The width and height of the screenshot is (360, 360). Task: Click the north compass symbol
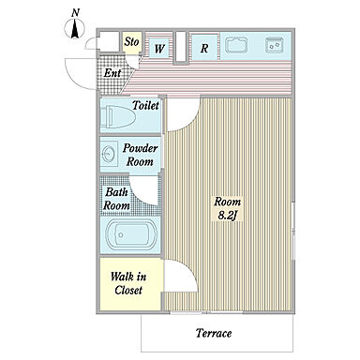point(75,29)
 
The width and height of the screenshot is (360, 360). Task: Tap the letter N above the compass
point(75,13)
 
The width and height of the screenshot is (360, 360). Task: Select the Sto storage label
point(131,41)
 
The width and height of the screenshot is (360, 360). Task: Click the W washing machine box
point(158,48)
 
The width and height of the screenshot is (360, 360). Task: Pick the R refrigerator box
point(204,48)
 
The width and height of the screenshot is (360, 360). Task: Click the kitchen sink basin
point(236,45)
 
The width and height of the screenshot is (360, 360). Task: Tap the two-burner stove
point(275,45)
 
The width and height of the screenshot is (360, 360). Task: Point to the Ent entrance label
point(112,73)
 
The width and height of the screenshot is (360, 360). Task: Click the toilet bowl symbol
point(118,117)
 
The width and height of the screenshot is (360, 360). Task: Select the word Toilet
point(145,105)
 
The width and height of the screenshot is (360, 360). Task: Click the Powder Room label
point(140,155)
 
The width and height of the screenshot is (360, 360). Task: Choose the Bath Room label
point(116,199)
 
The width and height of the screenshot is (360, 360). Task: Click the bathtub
point(131,234)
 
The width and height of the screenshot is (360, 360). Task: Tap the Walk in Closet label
point(128,283)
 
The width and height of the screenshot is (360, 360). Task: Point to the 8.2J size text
point(227,216)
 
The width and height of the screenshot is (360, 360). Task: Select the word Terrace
point(214,333)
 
